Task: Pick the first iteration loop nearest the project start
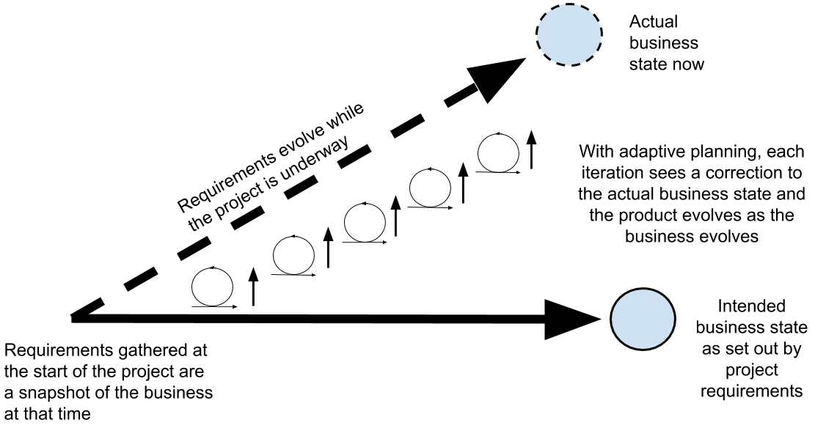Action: click(212, 286)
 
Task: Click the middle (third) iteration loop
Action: click(365, 222)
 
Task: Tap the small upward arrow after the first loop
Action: click(253, 287)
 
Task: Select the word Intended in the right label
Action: click(751, 306)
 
